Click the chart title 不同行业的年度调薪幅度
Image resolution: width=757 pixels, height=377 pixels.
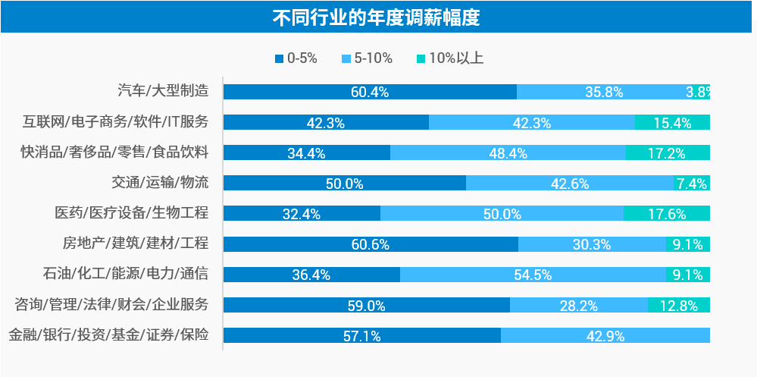(377, 17)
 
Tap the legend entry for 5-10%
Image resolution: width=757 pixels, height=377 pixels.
(370, 58)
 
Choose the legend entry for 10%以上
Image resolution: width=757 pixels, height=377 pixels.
(450, 58)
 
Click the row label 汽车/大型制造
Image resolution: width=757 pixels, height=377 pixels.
(163, 91)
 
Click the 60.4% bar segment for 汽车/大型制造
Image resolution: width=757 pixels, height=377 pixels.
(370, 92)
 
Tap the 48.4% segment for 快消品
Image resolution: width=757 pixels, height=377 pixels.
(508, 152)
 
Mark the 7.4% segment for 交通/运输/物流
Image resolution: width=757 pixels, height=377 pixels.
(691, 183)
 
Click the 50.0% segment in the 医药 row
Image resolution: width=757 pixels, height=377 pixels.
(502, 213)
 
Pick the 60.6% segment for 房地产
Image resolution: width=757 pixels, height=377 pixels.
(371, 243)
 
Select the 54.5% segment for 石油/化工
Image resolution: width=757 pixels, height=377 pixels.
(533, 274)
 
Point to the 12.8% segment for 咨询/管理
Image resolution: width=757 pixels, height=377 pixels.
(678, 305)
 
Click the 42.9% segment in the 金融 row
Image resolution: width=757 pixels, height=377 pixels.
(605, 335)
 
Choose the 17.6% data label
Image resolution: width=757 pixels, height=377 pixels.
(666, 214)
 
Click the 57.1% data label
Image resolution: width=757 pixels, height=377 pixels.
(361, 336)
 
